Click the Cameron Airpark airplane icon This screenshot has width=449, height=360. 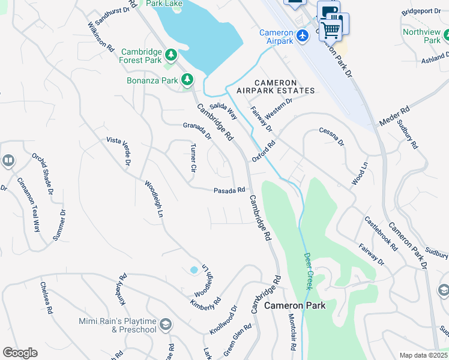pos(302,36)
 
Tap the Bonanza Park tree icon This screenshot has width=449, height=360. pos(187,79)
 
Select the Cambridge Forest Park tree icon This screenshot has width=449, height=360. pos(171,56)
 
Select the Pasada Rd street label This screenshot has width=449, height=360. pos(229,191)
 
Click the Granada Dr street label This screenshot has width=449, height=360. pos(197,131)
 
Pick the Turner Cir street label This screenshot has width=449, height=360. pos(193,158)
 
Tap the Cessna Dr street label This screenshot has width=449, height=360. pos(331,137)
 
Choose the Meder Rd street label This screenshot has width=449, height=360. pos(394,116)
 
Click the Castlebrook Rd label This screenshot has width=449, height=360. pos(381,235)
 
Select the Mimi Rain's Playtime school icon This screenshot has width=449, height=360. pos(166,325)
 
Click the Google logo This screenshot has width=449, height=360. pos(20,352)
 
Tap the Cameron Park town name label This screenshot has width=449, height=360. pos(295,305)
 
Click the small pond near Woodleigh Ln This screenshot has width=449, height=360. pos(194,270)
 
